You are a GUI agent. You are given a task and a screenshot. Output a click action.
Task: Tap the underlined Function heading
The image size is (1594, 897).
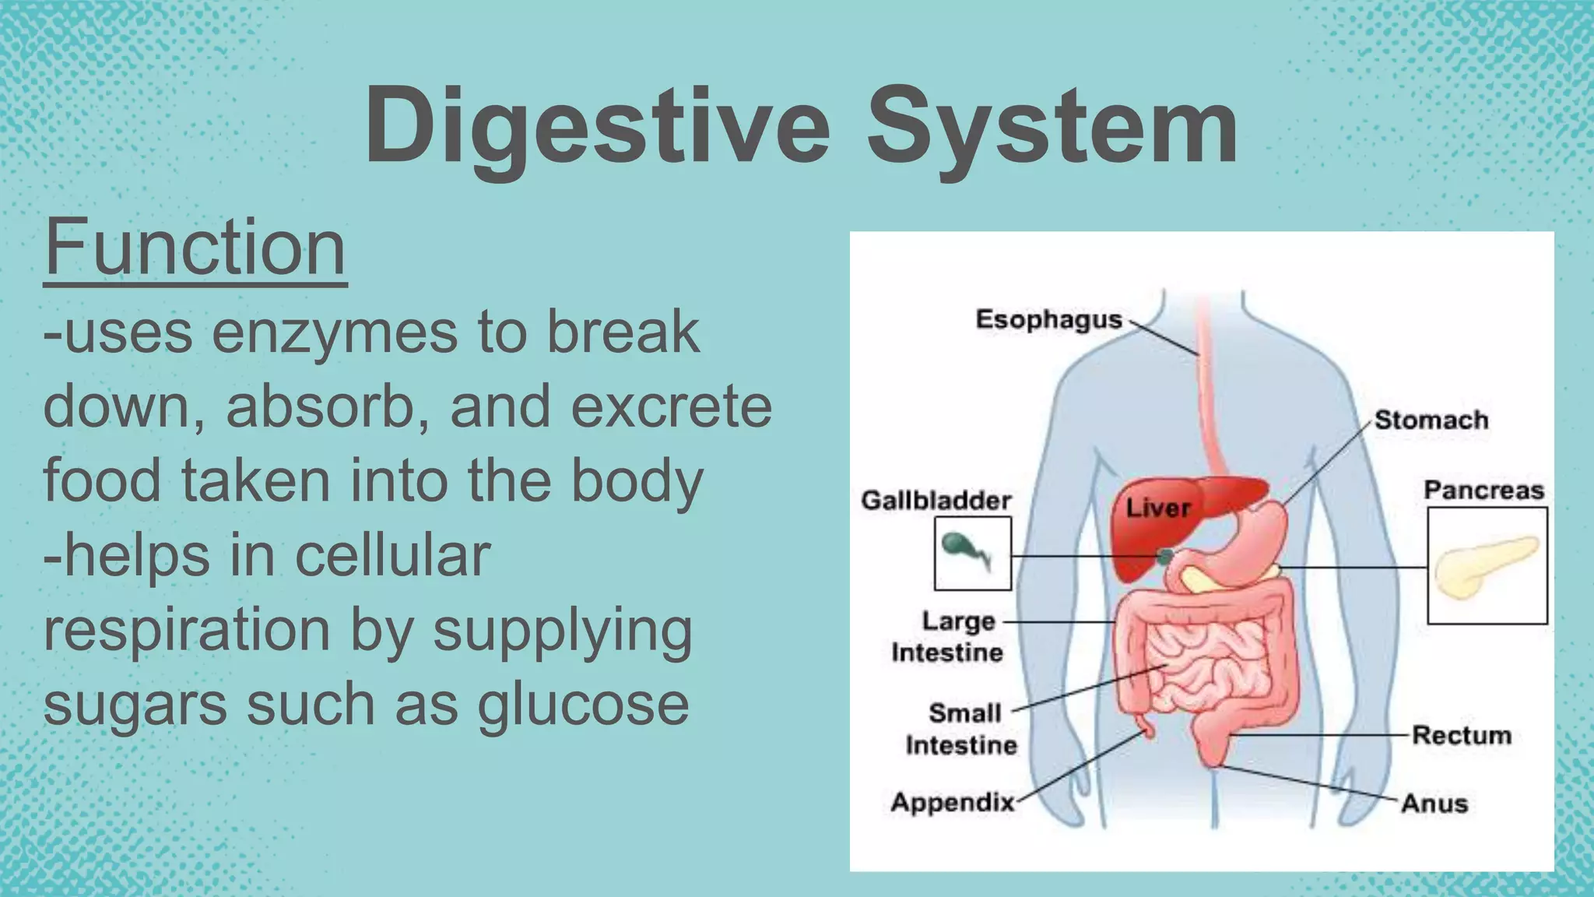point(195,248)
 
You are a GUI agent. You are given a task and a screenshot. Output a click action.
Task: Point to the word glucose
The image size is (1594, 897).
point(583,704)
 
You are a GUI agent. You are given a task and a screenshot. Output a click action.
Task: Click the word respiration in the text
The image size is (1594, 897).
point(187,629)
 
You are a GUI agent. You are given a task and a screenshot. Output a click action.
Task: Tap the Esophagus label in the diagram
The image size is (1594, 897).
point(1048,319)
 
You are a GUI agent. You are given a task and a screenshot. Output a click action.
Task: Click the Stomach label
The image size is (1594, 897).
point(1431,420)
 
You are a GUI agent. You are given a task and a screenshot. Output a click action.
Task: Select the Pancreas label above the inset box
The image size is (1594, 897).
point(1483,491)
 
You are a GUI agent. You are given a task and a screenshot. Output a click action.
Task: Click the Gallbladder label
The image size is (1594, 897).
point(936,501)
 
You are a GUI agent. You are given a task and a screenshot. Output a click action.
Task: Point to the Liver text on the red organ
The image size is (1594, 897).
point(1158,508)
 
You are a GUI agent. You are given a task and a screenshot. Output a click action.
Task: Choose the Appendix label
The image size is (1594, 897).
point(953,802)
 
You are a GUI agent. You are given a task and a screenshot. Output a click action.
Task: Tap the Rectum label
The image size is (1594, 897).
point(1461,735)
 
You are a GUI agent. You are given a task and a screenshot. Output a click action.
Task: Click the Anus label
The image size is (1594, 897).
point(1434,804)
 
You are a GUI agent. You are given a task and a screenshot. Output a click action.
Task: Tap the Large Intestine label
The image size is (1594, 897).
point(948,637)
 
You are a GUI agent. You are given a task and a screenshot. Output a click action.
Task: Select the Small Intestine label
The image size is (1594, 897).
point(962,729)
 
